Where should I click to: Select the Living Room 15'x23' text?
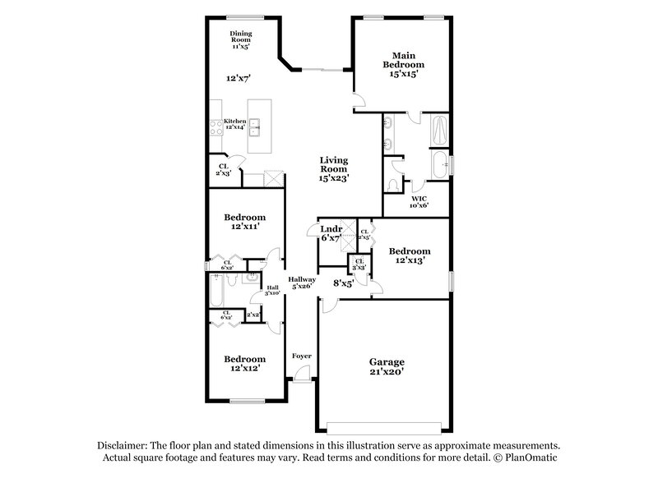pos(334,168)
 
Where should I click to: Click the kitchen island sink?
pos(256,126)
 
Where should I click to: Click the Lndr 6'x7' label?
pos(331,233)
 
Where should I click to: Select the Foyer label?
pos(303,356)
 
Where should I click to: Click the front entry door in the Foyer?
pos(303,379)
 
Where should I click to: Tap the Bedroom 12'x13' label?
pos(409,255)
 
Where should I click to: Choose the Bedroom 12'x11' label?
pos(244,222)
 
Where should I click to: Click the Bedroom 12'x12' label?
pos(244,363)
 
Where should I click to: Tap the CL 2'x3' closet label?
pos(224,170)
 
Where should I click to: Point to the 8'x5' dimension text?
pos(343,283)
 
